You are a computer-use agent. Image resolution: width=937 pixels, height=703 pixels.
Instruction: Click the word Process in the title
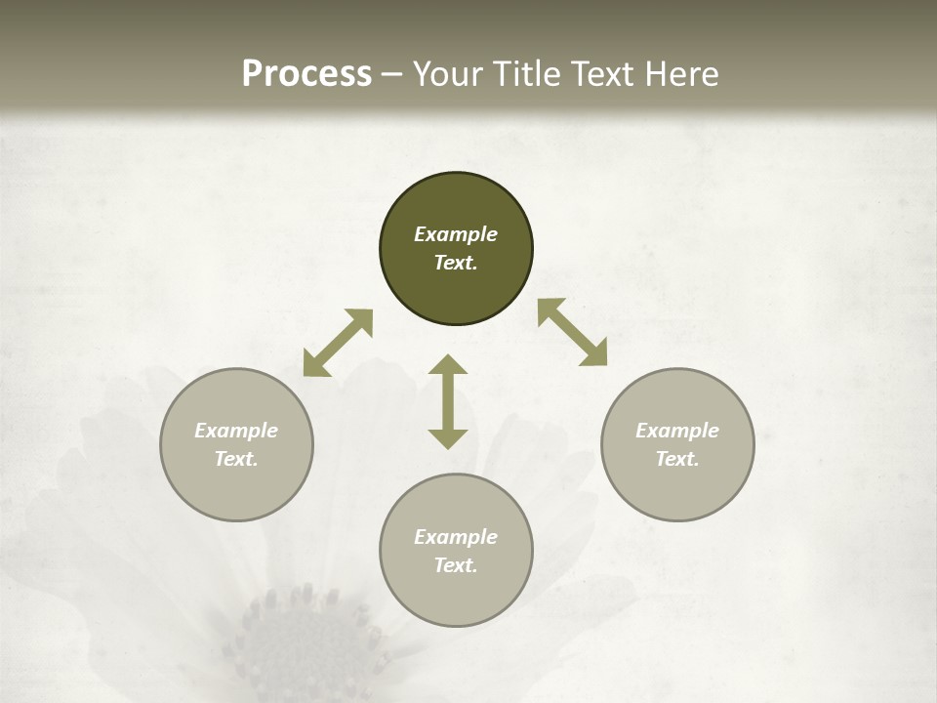tap(306, 73)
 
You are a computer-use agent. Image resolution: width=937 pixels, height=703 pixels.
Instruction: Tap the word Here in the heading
tap(680, 73)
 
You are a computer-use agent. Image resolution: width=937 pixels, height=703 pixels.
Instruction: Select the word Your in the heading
tap(451, 73)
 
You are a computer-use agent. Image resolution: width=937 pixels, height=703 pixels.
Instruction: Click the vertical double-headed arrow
tap(448, 401)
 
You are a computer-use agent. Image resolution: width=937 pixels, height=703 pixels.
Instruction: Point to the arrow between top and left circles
tap(338, 343)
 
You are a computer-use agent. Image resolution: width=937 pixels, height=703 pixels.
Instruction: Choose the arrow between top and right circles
tap(572, 332)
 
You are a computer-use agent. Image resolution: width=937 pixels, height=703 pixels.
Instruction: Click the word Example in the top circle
tap(456, 234)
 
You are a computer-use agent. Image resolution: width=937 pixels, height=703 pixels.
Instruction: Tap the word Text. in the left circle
tap(236, 459)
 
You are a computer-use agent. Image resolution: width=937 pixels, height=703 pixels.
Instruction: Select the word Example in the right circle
tap(677, 431)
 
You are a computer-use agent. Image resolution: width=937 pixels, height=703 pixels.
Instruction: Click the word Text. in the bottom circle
tap(456, 565)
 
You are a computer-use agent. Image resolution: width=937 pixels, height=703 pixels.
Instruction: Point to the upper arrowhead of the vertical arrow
tap(448, 365)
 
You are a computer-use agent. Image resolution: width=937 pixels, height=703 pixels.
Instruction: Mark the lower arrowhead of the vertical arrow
tap(448, 438)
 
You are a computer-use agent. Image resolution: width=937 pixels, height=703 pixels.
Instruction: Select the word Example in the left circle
tap(236, 431)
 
